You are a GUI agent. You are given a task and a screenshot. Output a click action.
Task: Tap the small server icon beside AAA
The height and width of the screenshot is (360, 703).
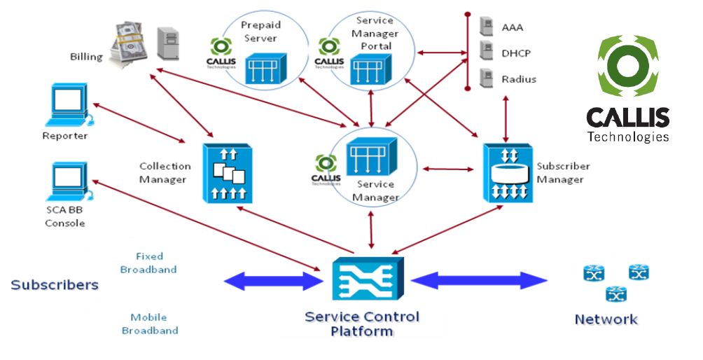tap(484, 27)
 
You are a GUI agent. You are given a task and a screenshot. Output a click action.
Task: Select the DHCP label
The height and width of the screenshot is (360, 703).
tap(515, 53)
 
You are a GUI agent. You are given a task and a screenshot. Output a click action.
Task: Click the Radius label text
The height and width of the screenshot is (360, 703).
tap(519, 79)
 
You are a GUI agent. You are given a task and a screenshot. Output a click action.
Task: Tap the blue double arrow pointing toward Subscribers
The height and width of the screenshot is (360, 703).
tap(271, 282)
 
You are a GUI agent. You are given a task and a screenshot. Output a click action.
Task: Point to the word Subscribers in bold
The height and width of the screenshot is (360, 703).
tap(55, 285)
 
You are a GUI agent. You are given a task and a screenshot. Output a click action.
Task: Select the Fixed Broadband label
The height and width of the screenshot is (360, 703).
tap(148, 263)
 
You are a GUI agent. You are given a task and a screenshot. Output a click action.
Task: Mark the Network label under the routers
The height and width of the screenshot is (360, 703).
tap(606, 319)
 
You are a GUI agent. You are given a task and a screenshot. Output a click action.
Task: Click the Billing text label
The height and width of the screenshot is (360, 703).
tap(86, 57)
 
